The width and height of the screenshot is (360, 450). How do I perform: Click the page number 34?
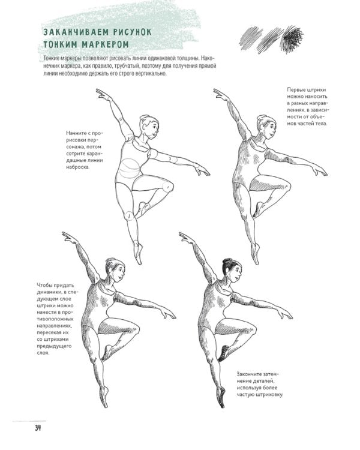(x=38, y=428)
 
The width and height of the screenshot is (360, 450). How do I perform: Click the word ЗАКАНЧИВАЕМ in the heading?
(x=76, y=32)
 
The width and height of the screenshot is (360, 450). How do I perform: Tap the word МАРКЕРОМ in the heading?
(x=105, y=45)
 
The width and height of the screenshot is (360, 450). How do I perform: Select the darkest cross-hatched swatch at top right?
(x=292, y=40)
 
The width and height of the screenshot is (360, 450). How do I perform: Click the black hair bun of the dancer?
(x=227, y=262)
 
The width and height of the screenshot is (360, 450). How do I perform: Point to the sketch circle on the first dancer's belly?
(x=130, y=168)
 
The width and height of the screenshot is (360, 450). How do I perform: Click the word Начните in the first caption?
(x=76, y=133)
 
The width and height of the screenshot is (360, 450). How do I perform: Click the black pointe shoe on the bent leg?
(x=223, y=354)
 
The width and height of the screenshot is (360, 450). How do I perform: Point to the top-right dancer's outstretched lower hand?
(x=320, y=172)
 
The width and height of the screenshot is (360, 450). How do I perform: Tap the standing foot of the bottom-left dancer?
(x=104, y=397)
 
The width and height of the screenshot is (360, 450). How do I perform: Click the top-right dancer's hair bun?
(x=261, y=118)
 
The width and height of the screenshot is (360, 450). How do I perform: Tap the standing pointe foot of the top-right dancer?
(x=255, y=253)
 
